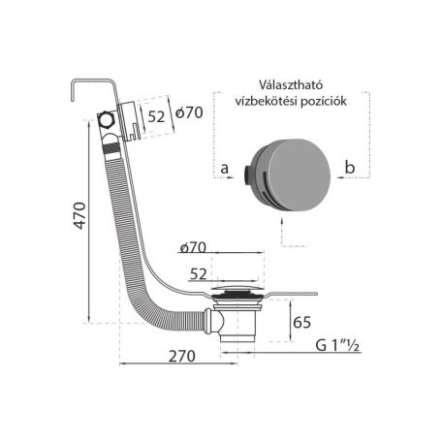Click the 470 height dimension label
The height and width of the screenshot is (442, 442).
click(x=79, y=216)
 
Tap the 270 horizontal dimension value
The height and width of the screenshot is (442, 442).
click(x=182, y=357)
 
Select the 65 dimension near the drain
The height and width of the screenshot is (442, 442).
click(x=301, y=322)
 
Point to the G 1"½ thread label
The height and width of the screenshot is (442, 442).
click(x=337, y=345)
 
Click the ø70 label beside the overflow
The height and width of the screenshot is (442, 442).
click(x=189, y=112)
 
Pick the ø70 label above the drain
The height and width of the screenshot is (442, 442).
click(x=193, y=247)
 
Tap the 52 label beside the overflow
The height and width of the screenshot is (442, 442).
click(x=156, y=116)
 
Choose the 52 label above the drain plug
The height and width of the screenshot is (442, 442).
click(x=198, y=274)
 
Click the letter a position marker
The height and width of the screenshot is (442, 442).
click(x=224, y=169)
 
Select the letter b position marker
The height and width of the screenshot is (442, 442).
click(x=350, y=167)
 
